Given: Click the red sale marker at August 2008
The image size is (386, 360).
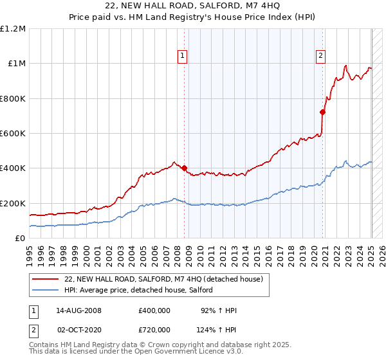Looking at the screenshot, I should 184,168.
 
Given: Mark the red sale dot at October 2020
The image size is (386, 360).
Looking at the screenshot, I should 323,112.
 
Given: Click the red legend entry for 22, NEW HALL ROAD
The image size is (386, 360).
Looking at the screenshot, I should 163,280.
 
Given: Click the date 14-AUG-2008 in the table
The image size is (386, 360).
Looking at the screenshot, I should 79,310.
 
